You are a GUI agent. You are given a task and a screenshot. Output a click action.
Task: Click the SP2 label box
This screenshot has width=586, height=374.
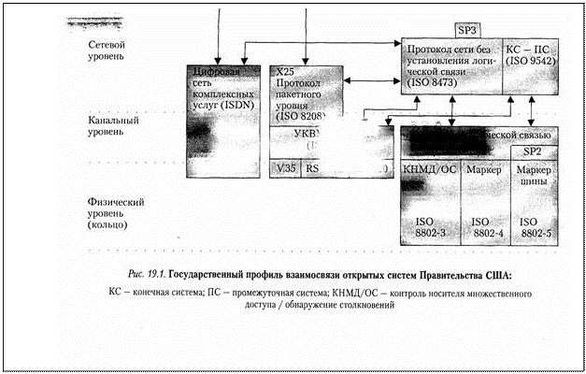tap(532, 151)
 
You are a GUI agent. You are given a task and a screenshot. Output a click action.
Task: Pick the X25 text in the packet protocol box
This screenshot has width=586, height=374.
tap(286, 70)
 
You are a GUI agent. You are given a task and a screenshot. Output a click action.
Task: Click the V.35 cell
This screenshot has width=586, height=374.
tap(285, 167)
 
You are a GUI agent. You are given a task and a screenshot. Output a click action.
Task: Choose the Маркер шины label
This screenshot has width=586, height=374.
tap(535, 177)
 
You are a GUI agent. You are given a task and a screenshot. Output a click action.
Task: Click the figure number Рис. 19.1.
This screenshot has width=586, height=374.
tap(145, 274)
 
